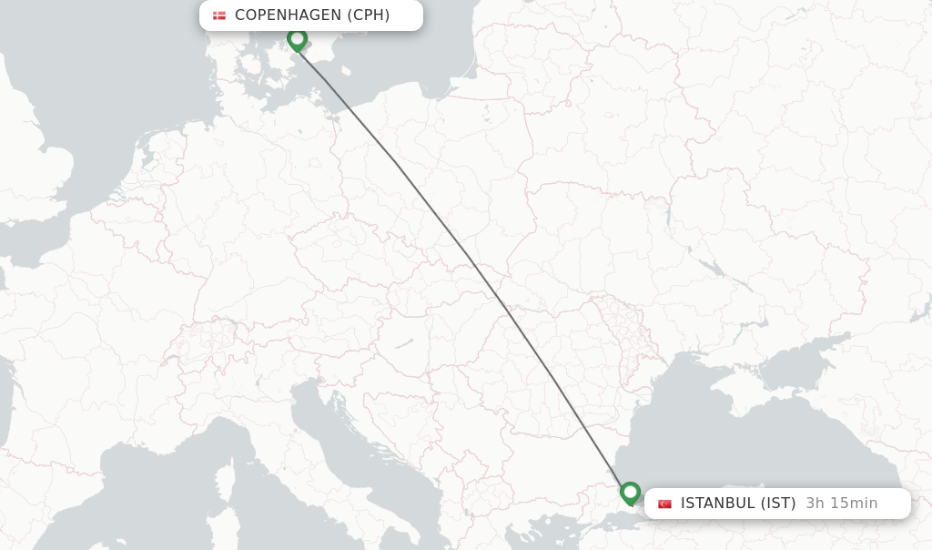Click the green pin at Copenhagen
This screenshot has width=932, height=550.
(297, 39)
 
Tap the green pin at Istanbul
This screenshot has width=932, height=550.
(630, 493)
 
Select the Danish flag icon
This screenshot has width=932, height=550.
(219, 15)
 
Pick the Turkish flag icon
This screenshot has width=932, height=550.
(664, 504)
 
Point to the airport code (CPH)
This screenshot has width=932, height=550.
(369, 15)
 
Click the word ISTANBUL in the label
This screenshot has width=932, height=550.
(718, 503)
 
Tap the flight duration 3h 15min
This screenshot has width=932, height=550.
(841, 503)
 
